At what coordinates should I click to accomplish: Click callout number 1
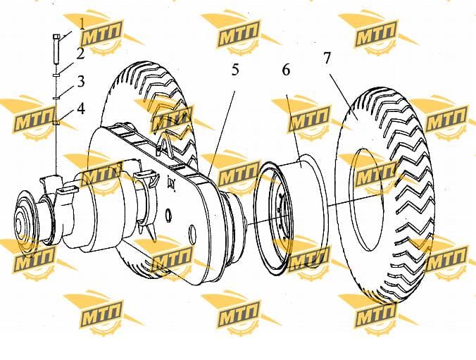82,24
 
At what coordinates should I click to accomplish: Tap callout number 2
80,54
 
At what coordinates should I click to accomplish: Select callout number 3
81,82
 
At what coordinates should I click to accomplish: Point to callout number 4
81,108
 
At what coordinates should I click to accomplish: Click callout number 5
235,70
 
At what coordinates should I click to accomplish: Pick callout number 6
286,70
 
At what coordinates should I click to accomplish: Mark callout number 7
326,58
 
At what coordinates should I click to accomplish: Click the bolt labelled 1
56,49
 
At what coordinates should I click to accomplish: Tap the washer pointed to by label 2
56,75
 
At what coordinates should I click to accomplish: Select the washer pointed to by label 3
56,98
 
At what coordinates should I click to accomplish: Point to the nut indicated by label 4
56,122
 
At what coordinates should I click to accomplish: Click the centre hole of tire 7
366,199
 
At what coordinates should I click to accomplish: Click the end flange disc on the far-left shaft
25,224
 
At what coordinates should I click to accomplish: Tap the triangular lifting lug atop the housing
164,143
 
